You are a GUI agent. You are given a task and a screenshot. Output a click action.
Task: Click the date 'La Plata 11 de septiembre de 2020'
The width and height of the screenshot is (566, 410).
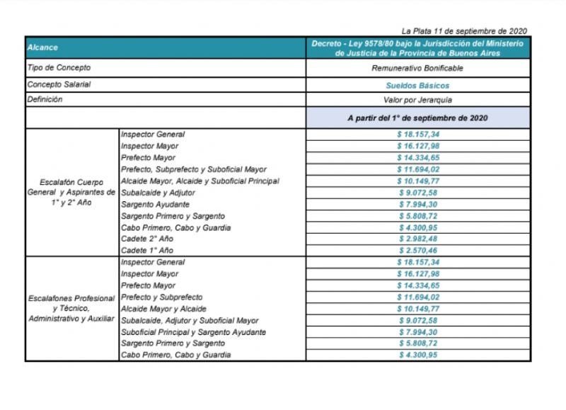pyautogui.click(x=463, y=31)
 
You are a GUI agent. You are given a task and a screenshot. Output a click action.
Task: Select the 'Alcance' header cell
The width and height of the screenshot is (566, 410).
pyautogui.click(x=42, y=48)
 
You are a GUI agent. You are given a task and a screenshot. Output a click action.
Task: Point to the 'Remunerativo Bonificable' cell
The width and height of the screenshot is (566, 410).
pyautogui.click(x=417, y=68)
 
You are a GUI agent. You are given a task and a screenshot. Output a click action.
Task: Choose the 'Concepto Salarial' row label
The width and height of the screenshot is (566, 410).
pyautogui.click(x=59, y=84)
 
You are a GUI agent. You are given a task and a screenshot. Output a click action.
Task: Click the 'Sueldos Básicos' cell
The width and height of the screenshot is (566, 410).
pyautogui.click(x=417, y=85)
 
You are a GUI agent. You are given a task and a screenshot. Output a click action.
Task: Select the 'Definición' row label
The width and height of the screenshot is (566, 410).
pyautogui.click(x=45, y=100)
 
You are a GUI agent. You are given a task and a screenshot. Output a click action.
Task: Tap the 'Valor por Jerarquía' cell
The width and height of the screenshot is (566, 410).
pyautogui.click(x=417, y=101)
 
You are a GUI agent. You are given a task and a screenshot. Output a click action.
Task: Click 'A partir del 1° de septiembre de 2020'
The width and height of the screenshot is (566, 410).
pyautogui.click(x=417, y=118)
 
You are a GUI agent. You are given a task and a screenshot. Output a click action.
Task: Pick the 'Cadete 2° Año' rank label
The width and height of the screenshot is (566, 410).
pyautogui.click(x=147, y=239)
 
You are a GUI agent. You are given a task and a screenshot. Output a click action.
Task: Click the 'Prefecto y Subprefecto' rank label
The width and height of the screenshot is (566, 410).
pyautogui.click(x=162, y=297)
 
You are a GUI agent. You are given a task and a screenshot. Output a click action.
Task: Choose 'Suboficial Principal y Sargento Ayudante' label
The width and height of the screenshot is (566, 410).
pyautogui.click(x=193, y=332)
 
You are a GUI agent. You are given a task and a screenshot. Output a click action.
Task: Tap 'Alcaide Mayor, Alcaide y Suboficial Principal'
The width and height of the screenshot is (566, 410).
pyautogui.click(x=200, y=181)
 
